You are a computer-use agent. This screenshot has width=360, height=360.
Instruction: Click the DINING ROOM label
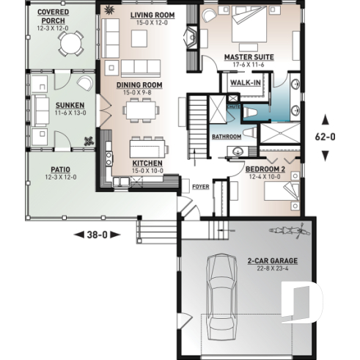coord(139,85)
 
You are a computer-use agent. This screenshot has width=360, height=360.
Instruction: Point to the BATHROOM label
coord(226,137)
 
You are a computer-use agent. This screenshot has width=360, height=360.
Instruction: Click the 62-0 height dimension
coord(325,136)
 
